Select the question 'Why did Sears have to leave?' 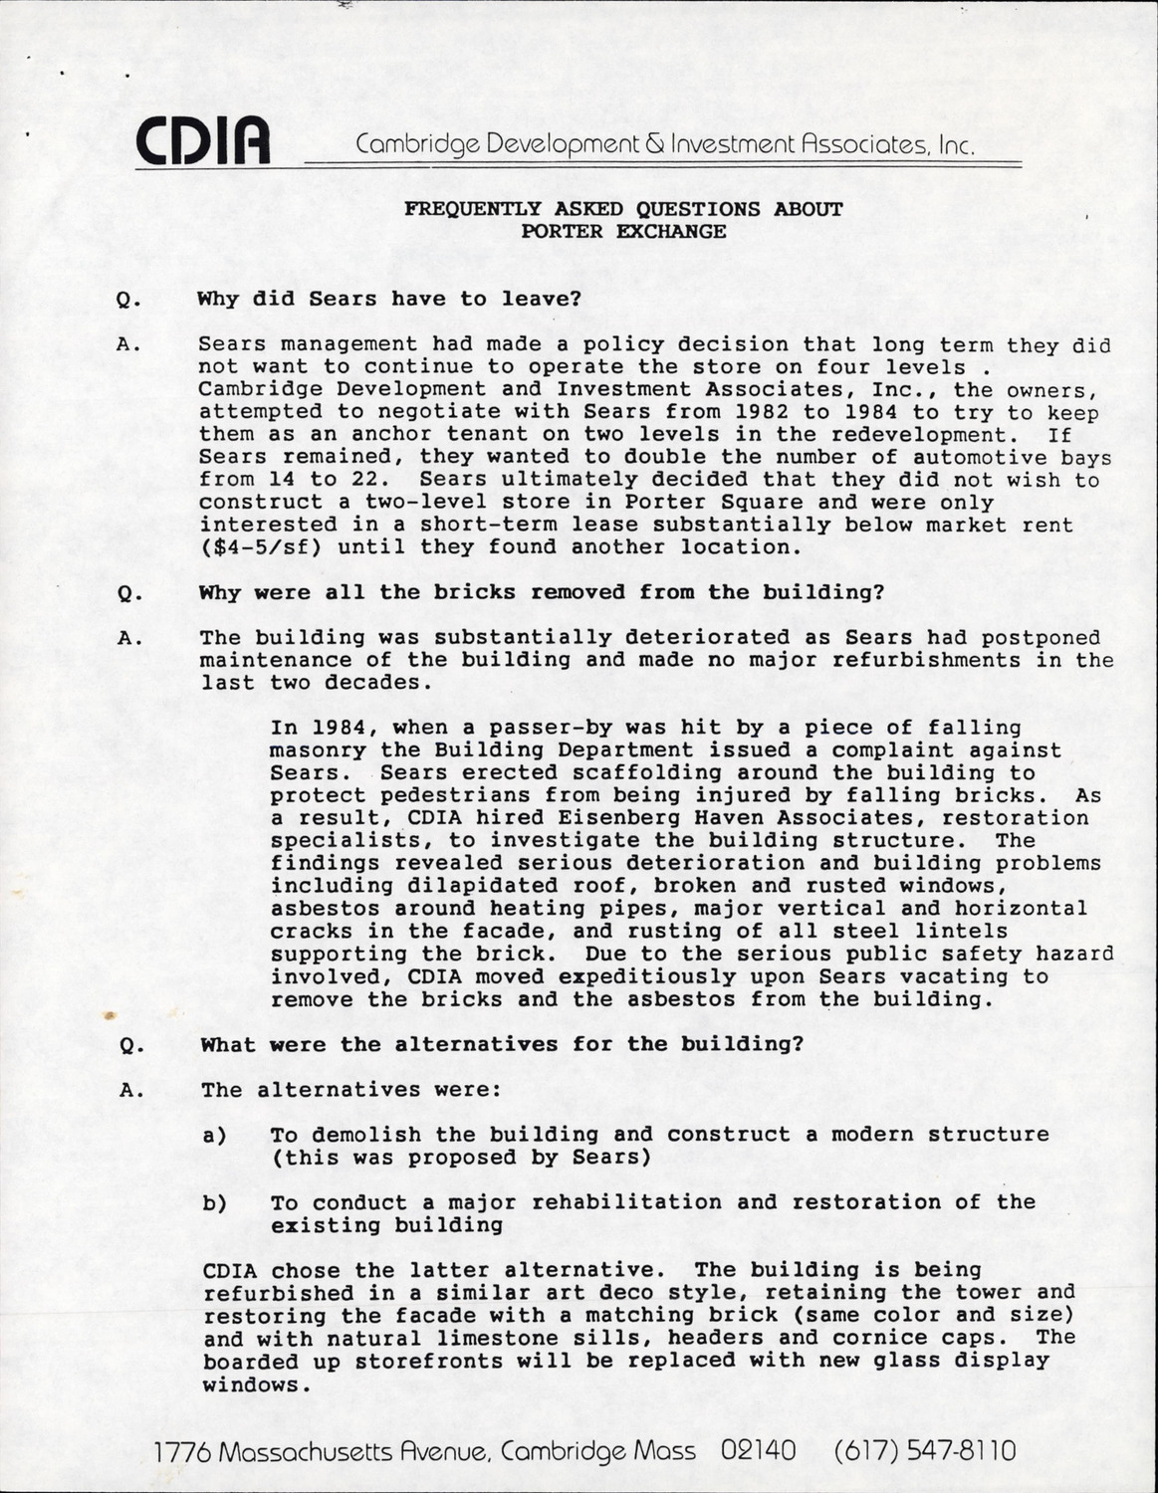(x=389, y=299)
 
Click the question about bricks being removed (x=542, y=593)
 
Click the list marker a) (x=214, y=1135)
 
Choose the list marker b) (x=214, y=1202)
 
